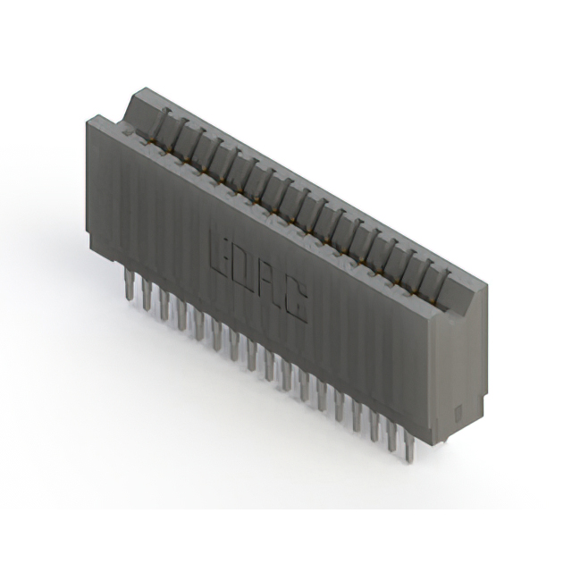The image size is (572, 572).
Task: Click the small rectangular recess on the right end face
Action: [457, 414]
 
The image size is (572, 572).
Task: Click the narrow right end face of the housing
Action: [461, 366]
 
